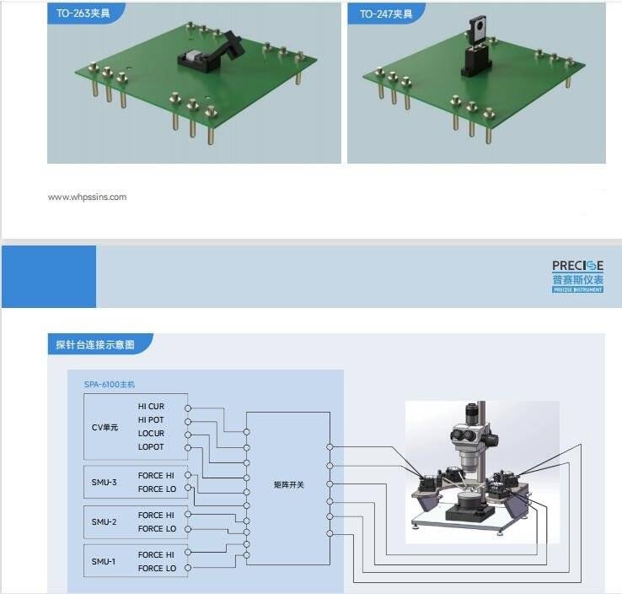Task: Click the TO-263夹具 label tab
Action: tap(83, 13)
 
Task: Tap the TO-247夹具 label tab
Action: tap(384, 13)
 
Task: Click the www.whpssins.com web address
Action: tap(87, 197)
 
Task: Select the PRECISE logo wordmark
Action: tap(577, 267)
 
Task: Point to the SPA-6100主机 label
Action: tap(109, 385)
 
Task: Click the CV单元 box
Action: tap(105, 427)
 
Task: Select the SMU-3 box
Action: tap(105, 483)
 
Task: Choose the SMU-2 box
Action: tap(105, 522)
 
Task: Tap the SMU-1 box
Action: tap(105, 562)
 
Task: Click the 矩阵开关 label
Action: tap(287, 484)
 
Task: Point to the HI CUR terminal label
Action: tap(151, 407)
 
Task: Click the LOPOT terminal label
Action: tap(151, 446)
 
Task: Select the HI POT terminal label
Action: tap(151, 419)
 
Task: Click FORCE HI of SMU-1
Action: tap(157, 555)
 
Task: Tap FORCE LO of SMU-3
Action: tap(157, 489)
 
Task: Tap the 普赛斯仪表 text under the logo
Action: tap(577, 280)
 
